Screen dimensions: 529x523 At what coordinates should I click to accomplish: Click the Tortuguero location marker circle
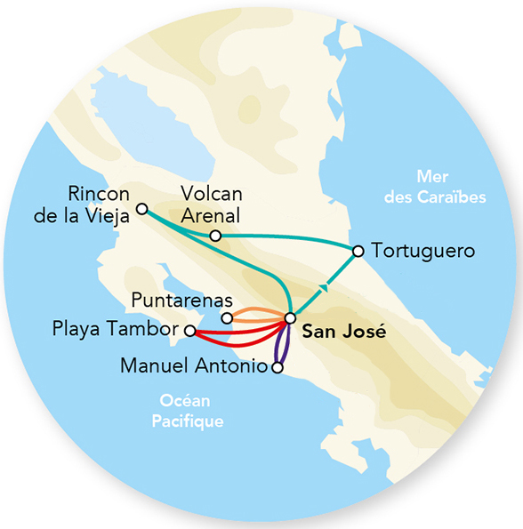358,252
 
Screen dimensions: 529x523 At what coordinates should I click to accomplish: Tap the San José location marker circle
289,318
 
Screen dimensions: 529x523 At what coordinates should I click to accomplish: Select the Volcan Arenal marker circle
214,236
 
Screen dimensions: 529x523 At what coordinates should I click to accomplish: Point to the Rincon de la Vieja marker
141,210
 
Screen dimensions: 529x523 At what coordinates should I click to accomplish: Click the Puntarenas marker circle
227,317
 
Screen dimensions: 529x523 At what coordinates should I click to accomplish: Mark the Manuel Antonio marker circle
278,366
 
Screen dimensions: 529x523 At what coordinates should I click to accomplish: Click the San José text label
332,333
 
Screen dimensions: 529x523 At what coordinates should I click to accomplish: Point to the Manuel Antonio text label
194,365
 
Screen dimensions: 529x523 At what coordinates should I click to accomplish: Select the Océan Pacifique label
186,412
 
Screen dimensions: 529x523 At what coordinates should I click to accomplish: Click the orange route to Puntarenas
258,313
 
